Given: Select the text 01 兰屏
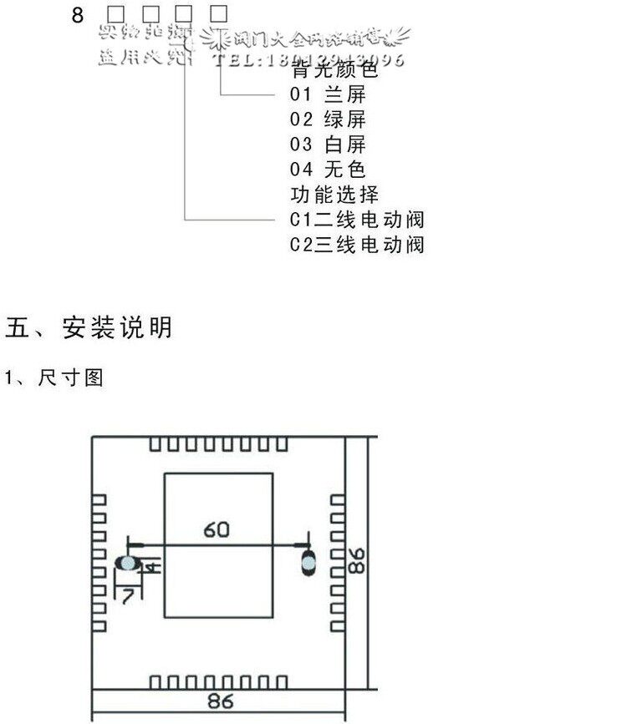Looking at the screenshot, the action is coord(328,94).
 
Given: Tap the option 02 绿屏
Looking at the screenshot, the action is coord(328,119).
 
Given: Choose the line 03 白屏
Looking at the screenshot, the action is coord(328,144).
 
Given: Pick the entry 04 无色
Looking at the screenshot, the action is coord(328,170).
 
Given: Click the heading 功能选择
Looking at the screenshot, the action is coord(334,195).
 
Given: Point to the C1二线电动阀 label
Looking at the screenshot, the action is coord(357,220).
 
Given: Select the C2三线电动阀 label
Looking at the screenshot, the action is coord(357,245).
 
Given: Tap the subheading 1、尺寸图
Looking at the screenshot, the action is coord(54,377).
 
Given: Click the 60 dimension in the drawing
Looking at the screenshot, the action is coord(216,529).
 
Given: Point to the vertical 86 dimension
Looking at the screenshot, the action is coord(357,559).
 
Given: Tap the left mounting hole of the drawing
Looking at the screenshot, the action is coord(127,564).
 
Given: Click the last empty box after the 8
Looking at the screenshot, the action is coord(219,13).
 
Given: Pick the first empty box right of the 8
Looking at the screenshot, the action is coord(115,13).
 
